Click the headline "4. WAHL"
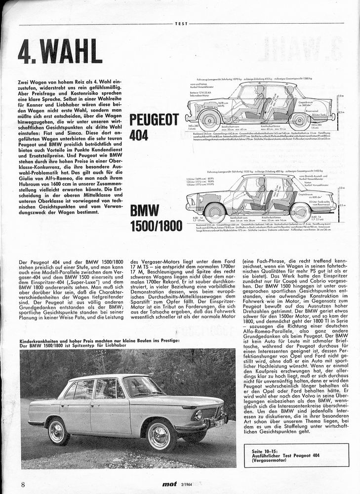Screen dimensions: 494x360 (x=60, y=51)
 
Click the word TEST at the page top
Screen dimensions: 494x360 (x=181, y=23)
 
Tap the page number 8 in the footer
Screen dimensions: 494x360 (x=23, y=484)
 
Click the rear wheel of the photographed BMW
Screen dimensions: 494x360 (x=58, y=431)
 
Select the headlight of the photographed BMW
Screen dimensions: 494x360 (x=199, y=415)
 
